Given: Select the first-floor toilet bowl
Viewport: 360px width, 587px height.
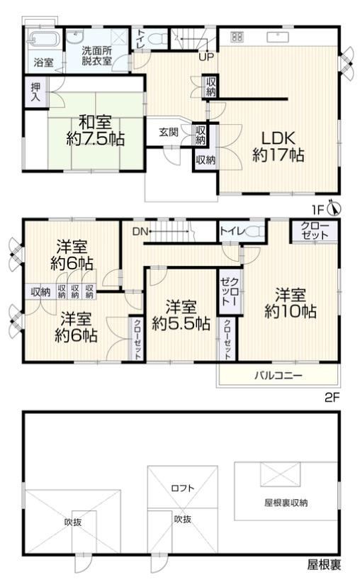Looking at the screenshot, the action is (x=159, y=38).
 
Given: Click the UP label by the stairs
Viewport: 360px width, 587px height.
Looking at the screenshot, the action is (x=206, y=57).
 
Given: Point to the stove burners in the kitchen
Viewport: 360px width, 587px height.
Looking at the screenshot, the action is (x=237, y=37).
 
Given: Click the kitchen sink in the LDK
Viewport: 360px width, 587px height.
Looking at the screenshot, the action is (x=277, y=37).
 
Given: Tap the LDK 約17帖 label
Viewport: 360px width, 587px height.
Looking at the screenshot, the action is (x=278, y=146).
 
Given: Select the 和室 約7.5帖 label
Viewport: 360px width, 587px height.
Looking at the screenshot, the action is (x=96, y=130).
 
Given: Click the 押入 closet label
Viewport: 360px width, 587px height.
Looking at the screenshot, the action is (x=36, y=92).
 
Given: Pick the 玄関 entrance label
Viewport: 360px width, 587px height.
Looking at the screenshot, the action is (x=169, y=132).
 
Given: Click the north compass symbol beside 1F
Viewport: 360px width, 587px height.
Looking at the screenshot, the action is (x=334, y=208).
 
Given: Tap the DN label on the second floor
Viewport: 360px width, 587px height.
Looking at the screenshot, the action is (x=140, y=231).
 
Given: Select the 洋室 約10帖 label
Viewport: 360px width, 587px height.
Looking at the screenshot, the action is (x=291, y=303).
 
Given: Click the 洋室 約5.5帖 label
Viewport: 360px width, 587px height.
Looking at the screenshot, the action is (x=181, y=315).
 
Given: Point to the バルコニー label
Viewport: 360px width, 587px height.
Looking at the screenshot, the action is (x=278, y=376).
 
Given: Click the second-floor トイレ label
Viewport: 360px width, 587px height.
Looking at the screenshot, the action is (x=232, y=230).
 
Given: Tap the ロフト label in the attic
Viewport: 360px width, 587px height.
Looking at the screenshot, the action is (x=183, y=488).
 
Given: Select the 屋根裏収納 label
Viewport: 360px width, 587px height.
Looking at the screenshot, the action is (x=286, y=503).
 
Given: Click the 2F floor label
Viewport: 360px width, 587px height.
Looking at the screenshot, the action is (x=332, y=397).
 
